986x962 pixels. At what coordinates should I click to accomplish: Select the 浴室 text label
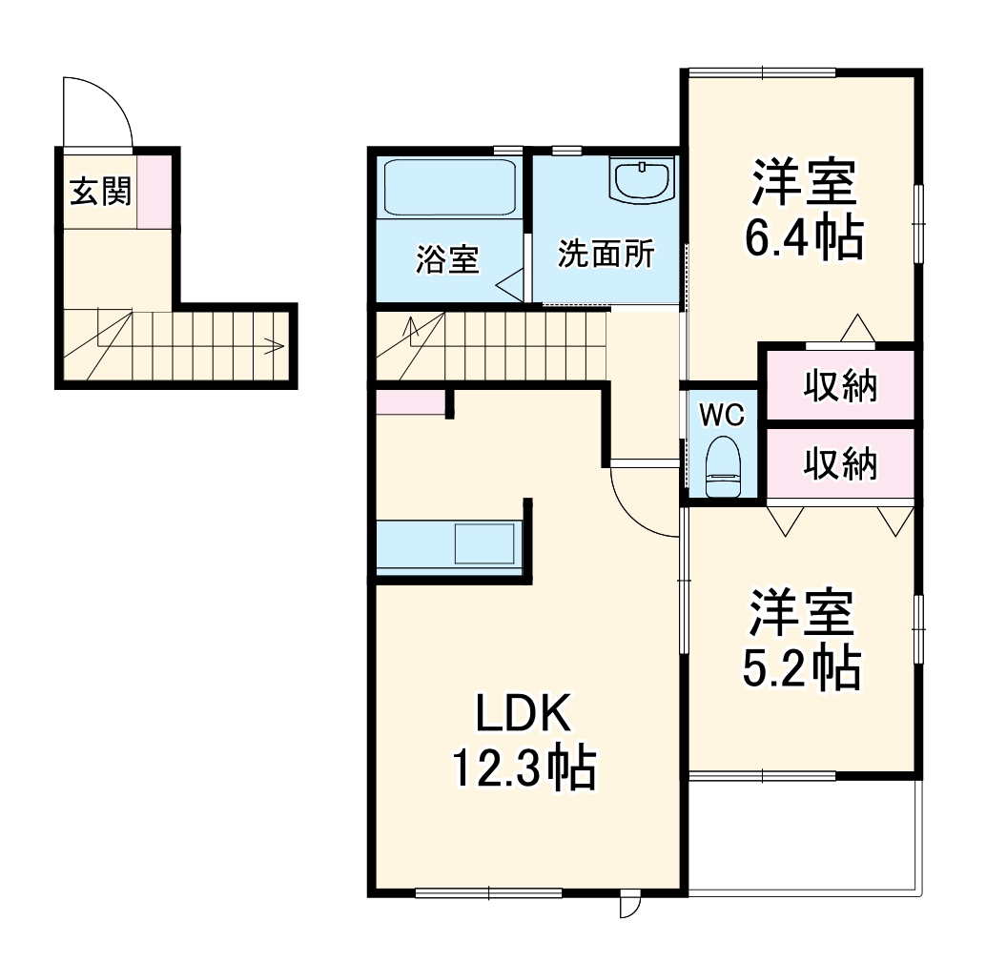pos(446,259)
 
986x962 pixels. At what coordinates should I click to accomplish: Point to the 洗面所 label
pos(606,255)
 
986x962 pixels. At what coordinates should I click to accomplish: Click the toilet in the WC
pos(722,466)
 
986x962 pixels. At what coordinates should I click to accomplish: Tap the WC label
pos(721,416)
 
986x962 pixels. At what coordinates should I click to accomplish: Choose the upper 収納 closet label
pos(839,387)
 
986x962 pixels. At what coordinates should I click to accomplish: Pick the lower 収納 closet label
pos(839,464)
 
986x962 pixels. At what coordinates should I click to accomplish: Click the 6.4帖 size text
pos(804,238)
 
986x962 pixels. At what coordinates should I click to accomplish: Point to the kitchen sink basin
pos(484,544)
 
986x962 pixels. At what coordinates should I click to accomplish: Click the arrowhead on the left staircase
pos(278,346)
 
